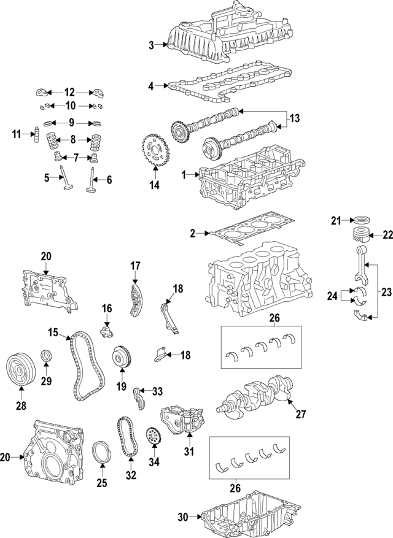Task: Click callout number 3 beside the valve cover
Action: click(151, 44)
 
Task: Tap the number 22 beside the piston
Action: click(387, 234)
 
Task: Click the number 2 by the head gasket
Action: click(192, 233)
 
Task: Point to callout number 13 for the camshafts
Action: click(295, 118)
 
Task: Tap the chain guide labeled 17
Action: click(134, 298)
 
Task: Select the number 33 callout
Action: click(158, 391)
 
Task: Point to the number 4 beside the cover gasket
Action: click(151, 86)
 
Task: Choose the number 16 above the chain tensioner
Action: click(106, 308)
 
